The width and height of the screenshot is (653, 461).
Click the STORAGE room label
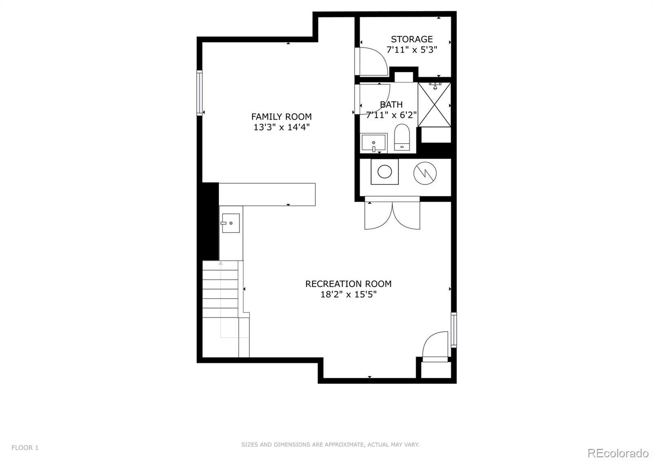tap(411, 39)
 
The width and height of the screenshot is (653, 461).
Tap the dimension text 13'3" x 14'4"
tap(282, 127)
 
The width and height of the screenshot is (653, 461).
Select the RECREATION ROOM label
tap(348, 284)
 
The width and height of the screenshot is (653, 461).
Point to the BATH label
tap(391, 104)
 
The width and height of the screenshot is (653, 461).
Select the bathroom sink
tap(373, 143)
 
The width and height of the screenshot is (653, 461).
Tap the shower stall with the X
tap(434, 105)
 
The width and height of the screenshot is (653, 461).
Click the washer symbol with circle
tap(384, 172)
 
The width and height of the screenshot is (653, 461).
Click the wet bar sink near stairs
tap(231, 223)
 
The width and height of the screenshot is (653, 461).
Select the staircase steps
tap(220, 290)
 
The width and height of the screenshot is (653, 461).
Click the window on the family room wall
tap(200, 93)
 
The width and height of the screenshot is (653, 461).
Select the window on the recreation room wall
tap(453, 330)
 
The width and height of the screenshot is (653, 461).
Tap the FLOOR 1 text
tap(25, 448)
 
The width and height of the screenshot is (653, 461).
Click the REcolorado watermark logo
tap(617, 453)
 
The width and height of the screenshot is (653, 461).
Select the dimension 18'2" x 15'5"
tap(348, 295)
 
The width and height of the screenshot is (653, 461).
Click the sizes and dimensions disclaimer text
tap(330, 445)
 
